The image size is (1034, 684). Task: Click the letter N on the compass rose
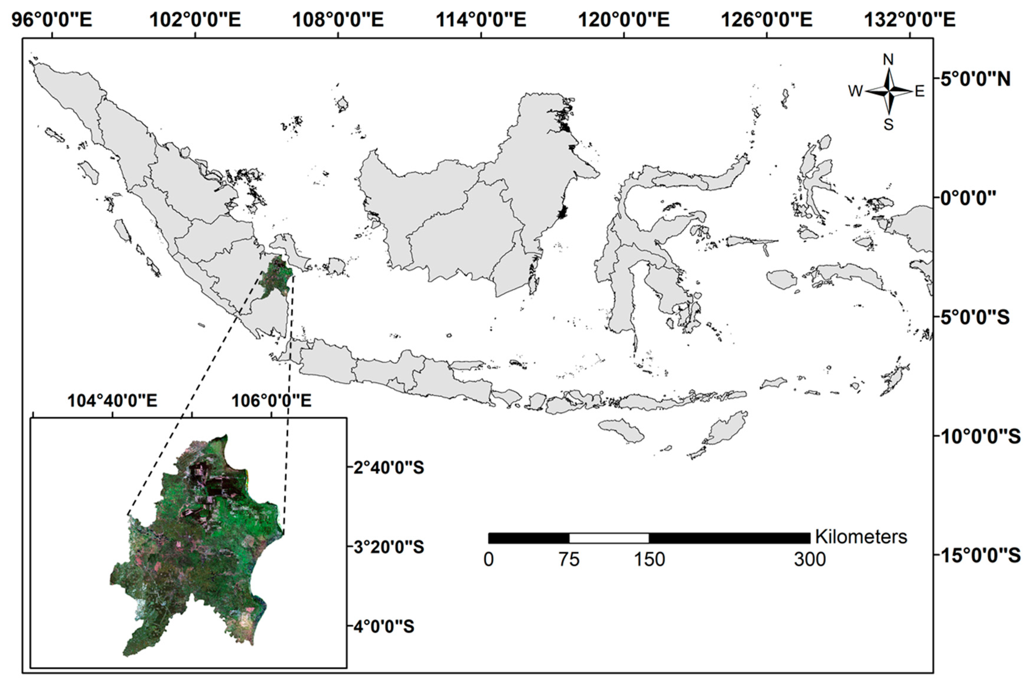point(888,59)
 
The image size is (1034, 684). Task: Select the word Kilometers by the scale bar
point(861,537)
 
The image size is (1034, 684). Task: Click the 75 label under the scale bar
point(569,560)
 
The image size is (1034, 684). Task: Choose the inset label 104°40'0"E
point(112,400)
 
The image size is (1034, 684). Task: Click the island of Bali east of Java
point(506,396)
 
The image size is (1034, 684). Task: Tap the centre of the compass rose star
point(889,91)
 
